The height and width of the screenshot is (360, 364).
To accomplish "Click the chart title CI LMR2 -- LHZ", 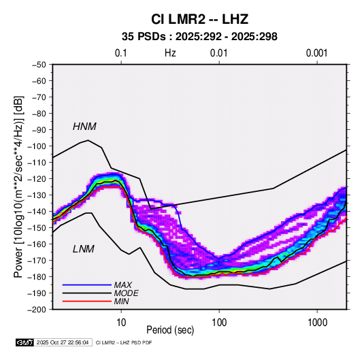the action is coord(199,19).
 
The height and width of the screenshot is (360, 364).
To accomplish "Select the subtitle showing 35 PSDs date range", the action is coord(199,37).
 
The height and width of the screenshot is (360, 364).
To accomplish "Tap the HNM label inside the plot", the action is coord(84,127).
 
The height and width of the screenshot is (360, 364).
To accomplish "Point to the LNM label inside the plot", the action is coord(84,249).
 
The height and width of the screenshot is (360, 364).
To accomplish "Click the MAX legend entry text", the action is coord(123,285).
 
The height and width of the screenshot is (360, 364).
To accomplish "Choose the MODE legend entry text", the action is coord(127,293).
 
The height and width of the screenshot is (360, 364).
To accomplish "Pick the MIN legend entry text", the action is coord(121,301).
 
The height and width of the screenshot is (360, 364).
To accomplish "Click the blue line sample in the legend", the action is coord(87,285).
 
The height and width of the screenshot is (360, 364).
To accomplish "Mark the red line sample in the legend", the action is coord(87,301).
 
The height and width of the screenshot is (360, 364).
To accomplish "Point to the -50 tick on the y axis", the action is coord(39,65).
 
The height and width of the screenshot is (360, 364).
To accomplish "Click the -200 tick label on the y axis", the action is coord(37,310).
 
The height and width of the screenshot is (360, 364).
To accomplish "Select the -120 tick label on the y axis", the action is coord(37,179).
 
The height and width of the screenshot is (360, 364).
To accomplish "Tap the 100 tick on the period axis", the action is coord(219,323).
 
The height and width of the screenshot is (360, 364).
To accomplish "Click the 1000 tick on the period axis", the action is coord(317,323).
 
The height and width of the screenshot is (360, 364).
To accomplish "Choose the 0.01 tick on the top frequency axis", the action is coord(219,53).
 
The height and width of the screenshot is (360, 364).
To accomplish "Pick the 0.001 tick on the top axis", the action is coord(316,53).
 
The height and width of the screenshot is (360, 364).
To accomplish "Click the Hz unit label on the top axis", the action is coord(170,53).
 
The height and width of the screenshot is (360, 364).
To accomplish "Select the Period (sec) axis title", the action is coord(170,330).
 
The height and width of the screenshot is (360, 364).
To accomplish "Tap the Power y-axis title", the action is coord(18,187).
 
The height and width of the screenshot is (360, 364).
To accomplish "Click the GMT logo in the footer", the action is coord(25,342).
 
